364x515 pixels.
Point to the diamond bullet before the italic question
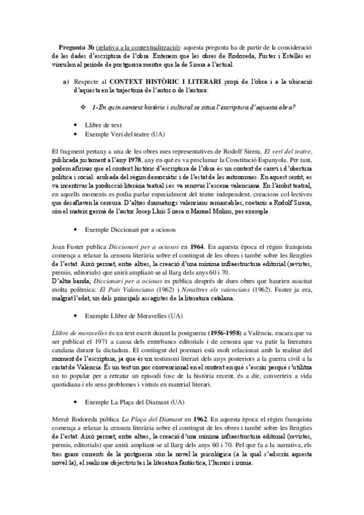83,107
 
